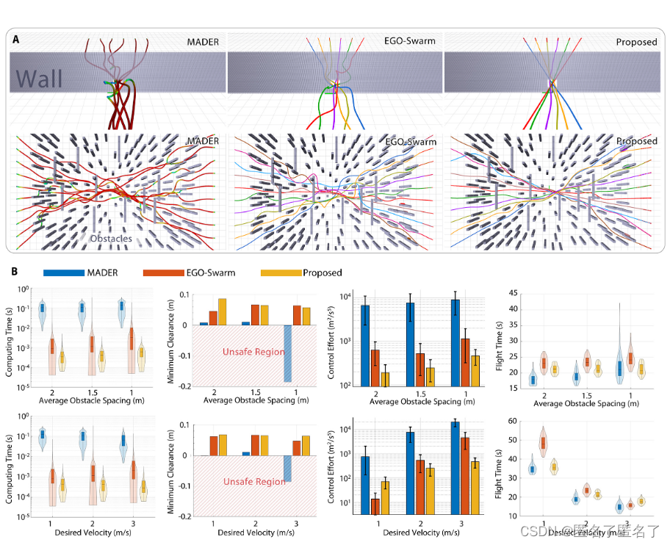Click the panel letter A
(15, 41)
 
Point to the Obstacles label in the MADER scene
(110, 239)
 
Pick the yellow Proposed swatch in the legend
(282, 272)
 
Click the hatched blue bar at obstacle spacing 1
(287, 353)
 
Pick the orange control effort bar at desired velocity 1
(376, 507)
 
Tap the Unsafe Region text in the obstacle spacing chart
(253, 352)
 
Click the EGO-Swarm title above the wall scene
(410, 41)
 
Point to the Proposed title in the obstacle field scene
(636, 140)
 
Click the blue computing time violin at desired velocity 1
(42, 435)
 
